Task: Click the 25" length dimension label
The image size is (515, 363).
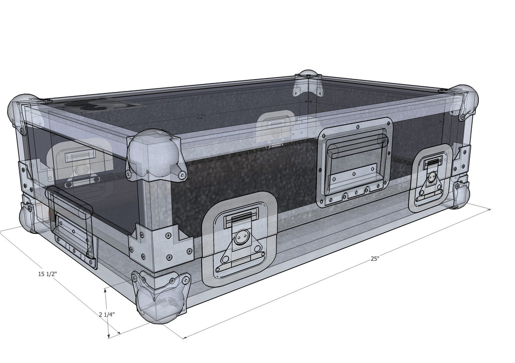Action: [375, 259]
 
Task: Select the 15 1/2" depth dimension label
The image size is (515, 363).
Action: [48, 274]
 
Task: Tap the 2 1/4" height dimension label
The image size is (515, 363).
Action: [107, 314]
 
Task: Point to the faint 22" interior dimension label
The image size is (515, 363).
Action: [201, 116]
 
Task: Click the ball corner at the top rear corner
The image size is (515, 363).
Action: [308, 80]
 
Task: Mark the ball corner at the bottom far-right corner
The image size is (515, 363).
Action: [460, 196]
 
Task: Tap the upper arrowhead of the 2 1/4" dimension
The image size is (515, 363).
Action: [106, 290]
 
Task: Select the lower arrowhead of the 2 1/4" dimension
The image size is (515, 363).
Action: [109, 336]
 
